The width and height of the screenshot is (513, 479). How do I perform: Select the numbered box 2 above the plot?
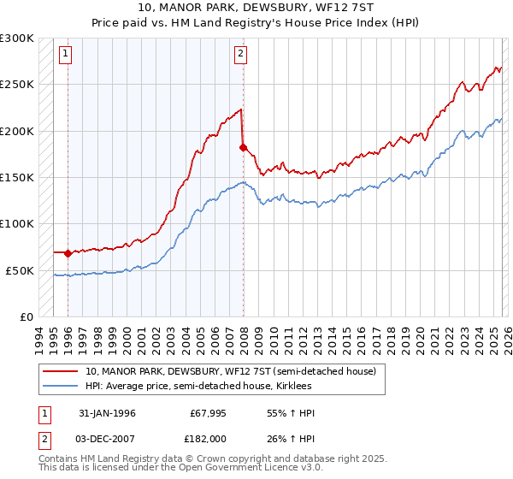tap(241, 54)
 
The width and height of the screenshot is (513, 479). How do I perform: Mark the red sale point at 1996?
tap(68, 253)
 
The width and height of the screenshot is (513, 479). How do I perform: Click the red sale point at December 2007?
tap(243, 147)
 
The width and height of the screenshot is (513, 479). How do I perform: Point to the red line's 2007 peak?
tap(240, 109)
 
